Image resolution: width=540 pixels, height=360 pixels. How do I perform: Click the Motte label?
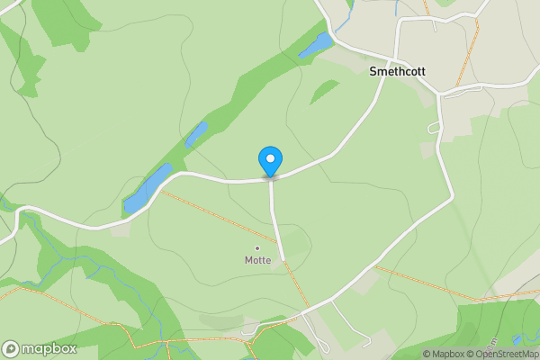click(x=257, y=260)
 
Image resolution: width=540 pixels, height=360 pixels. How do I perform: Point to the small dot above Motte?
click(x=257, y=247)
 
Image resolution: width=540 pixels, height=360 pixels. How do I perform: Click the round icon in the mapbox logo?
click(x=12, y=349)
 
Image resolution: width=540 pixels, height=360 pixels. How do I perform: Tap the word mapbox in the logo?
click(x=49, y=349)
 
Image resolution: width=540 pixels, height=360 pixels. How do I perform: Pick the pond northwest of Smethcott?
click(x=315, y=45)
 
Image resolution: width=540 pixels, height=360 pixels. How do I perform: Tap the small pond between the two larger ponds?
click(x=196, y=134)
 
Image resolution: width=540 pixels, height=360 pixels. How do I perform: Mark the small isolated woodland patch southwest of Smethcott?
click(x=325, y=91)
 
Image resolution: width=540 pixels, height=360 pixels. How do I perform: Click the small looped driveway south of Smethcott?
click(x=435, y=129)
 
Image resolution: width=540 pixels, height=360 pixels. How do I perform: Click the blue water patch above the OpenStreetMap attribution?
click(x=517, y=340)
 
